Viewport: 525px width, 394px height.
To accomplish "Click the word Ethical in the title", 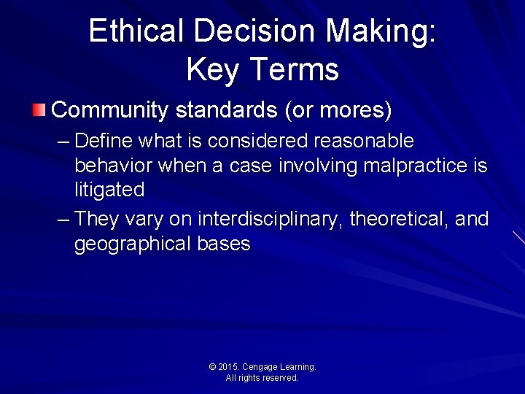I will tap(136, 31).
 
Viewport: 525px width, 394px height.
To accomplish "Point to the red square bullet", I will tap(39, 111).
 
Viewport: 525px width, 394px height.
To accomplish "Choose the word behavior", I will tap(113, 166).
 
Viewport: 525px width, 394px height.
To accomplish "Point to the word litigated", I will tap(109, 190).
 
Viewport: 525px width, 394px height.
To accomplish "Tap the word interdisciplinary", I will tap(271, 219).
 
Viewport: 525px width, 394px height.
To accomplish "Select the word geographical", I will tap(133, 244).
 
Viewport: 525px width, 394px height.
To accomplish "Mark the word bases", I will tap(224, 244).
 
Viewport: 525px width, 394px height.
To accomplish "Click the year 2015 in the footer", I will tap(230, 367).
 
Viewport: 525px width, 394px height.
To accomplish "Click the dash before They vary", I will tap(63, 219).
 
